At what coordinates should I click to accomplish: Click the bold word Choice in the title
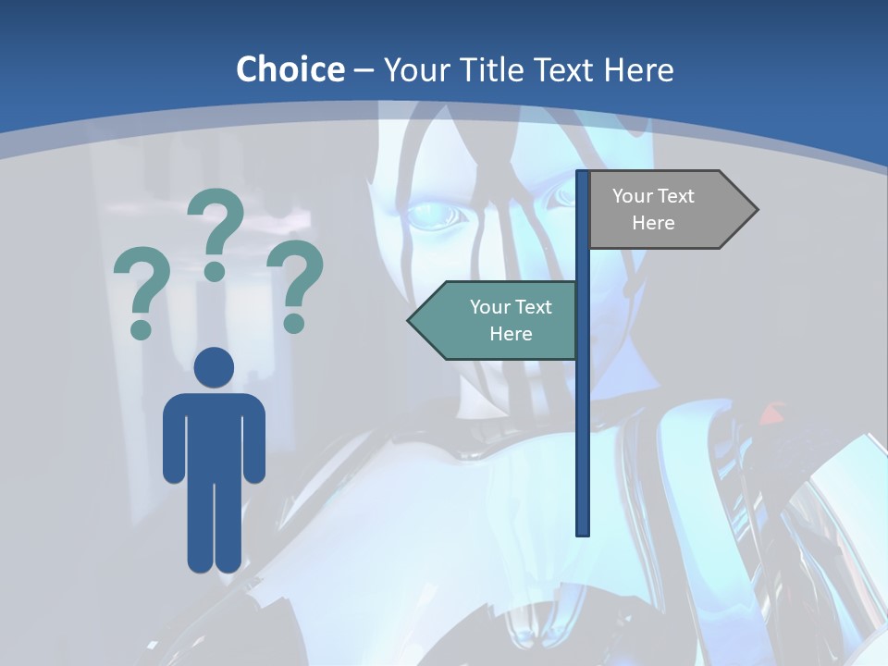click(290, 69)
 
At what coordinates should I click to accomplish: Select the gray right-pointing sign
click(666, 209)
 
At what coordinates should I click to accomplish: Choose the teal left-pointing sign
click(499, 320)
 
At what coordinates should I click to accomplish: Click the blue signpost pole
click(583, 416)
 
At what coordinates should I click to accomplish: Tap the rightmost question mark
click(295, 277)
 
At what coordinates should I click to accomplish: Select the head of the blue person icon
click(214, 367)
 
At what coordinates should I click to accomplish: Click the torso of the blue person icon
click(214, 435)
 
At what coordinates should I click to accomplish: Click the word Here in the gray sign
click(653, 223)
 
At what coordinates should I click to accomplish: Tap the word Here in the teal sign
click(511, 334)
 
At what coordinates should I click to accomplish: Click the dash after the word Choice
click(364, 70)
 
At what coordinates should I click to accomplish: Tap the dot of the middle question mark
click(215, 271)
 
